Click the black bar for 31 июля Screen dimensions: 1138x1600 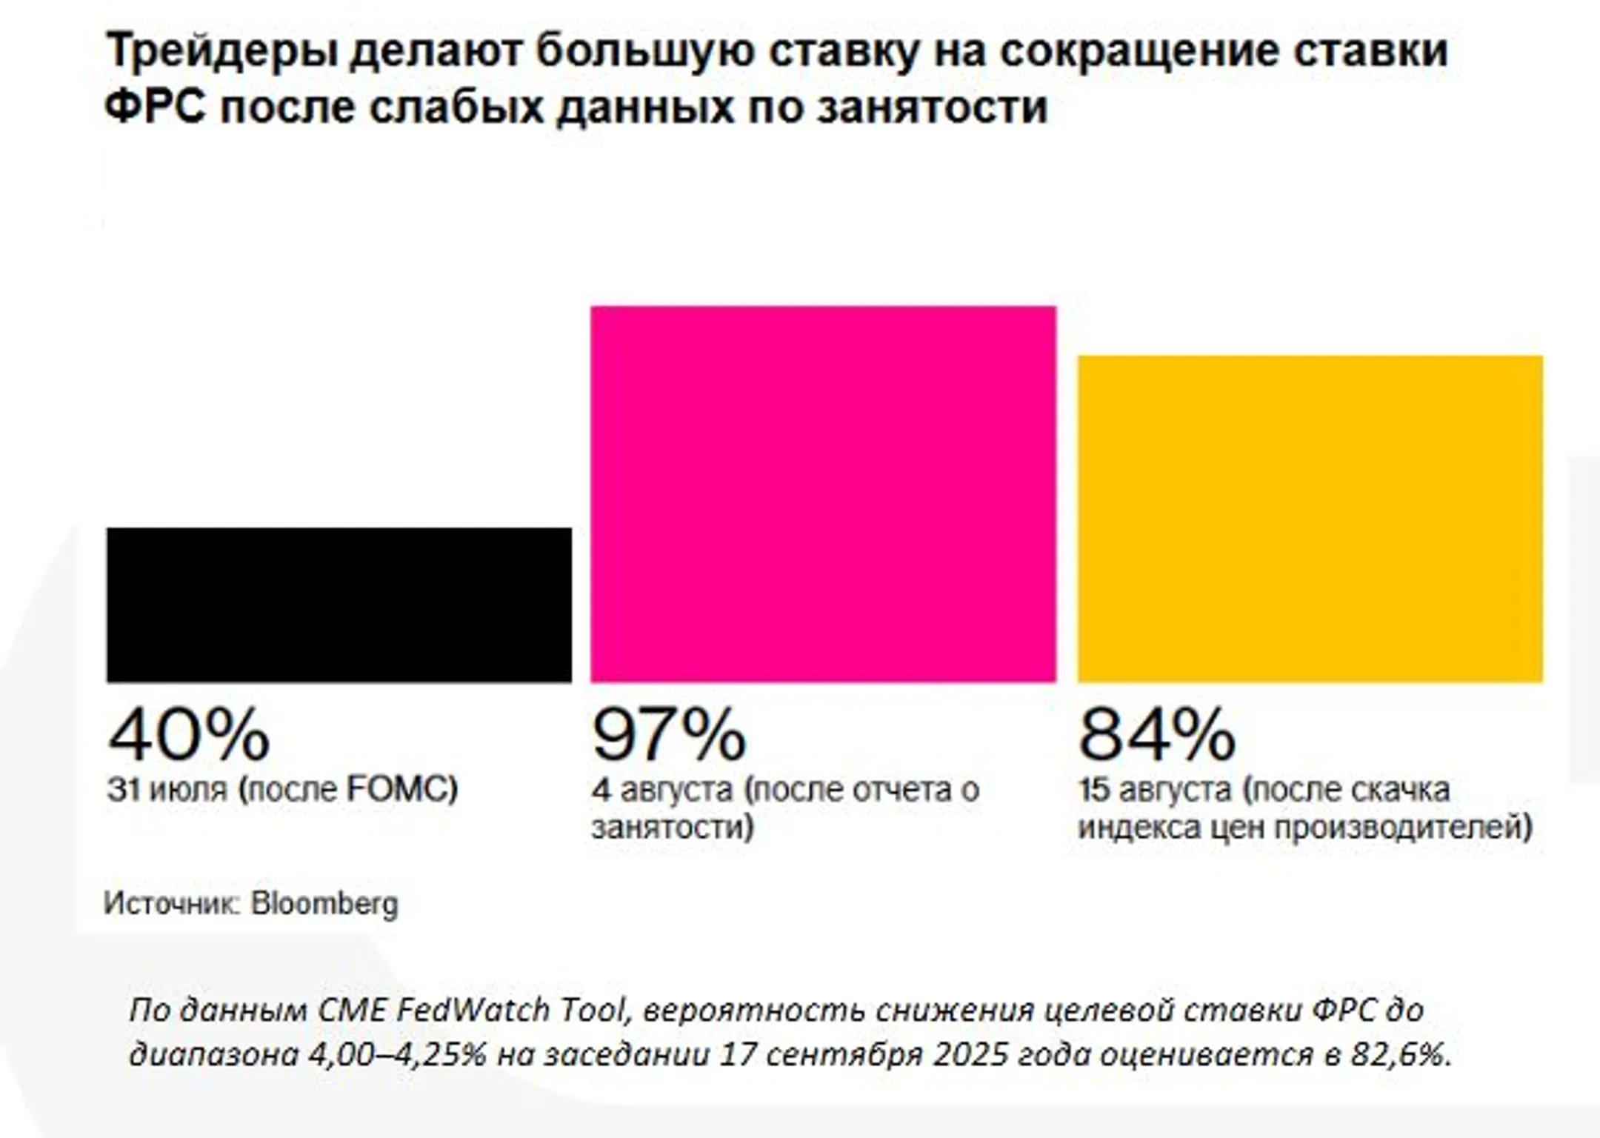pyautogui.click(x=339, y=605)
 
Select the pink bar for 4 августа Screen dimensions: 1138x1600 pyautogui.click(x=823, y=494)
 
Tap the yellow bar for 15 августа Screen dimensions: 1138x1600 pyautogui.click(x=1310, y=519)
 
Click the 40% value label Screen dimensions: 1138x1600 pyautogui.click(x=189, y=734)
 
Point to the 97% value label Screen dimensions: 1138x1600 pyautogui.click(x=669, y=734)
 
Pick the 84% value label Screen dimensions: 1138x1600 pyautogui.click(x=1156, y=734)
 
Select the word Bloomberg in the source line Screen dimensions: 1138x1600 pyautogui.click(x=324, y=903)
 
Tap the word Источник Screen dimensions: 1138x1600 pyautogui.click(x=172, y=903)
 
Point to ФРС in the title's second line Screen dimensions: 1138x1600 pyautogui.click(x=154, y=107)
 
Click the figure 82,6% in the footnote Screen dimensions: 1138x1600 pyautogui.click(x=1401, y=1054)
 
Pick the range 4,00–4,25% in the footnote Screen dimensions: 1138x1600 pyautogui.click(x=397, y=1054)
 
